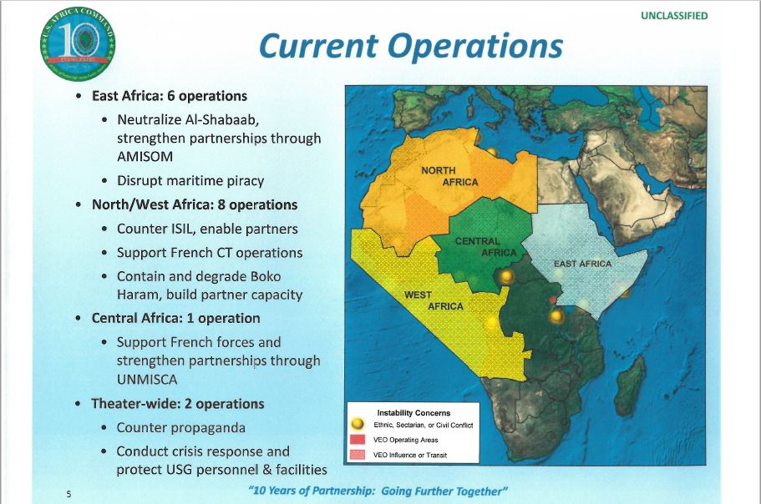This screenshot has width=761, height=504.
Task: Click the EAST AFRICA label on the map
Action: click(x=582, y=264)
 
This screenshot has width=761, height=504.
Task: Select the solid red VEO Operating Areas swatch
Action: click(x=357, y=440)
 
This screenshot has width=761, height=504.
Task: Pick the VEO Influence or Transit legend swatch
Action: click(x=357, y=455)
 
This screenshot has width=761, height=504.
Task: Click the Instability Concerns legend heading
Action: click(x=413, y=413)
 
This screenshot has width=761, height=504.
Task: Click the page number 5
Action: click(x=68, y=494)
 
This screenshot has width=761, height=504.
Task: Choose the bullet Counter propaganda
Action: click(x=180, y=427)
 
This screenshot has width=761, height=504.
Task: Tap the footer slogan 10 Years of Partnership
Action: click(x=378, y=491)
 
